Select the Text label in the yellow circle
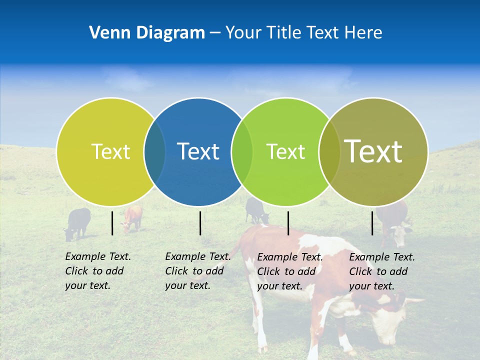[x=110, y=151]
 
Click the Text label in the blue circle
[x=198, y=151]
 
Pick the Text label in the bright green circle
[x=285, y=151]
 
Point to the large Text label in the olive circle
[x=373, y=151]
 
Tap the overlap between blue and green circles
[x=242, y=151]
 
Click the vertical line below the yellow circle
[x=112, y=223]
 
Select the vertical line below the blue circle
[x=200, y=223]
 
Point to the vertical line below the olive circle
[x=372, y=223]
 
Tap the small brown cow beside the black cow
[x=132, y=218]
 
